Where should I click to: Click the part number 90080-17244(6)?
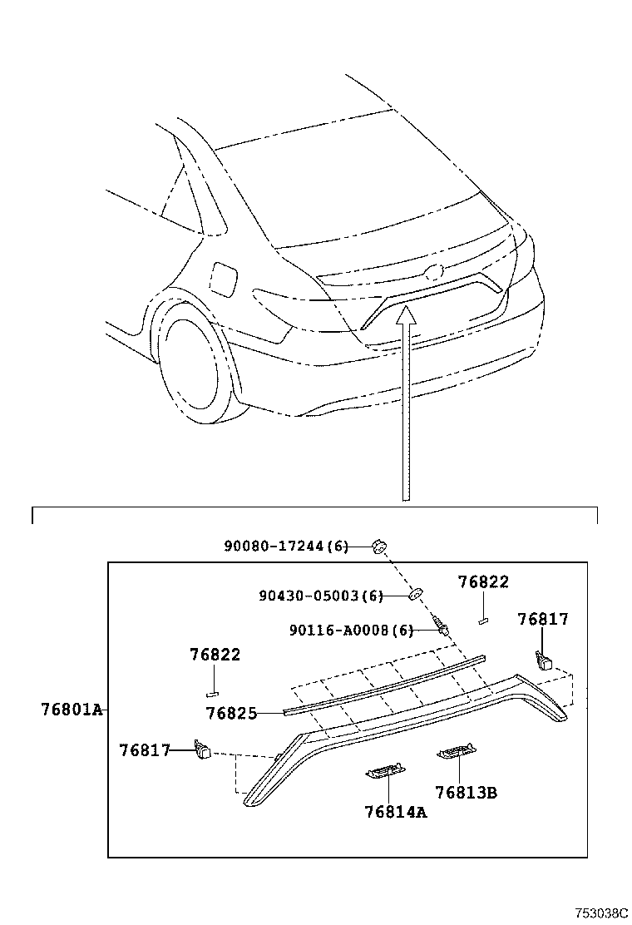(285, 547)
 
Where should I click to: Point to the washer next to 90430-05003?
(415, 594)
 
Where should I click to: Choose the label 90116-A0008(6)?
(351, 631)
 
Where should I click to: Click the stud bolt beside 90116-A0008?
(441, 626)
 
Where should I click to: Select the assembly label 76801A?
(71, 710)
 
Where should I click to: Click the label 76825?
(231, 713)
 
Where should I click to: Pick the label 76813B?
(466, 793)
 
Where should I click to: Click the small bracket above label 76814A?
(385, 773)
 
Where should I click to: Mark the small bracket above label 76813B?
(457, 754)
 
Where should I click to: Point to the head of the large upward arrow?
(405, 314)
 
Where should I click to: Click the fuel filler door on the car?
(224, 278)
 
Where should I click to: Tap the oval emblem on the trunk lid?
(432, 271)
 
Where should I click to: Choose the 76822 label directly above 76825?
(214, 655)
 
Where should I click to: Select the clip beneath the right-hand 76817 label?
(544, 661)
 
